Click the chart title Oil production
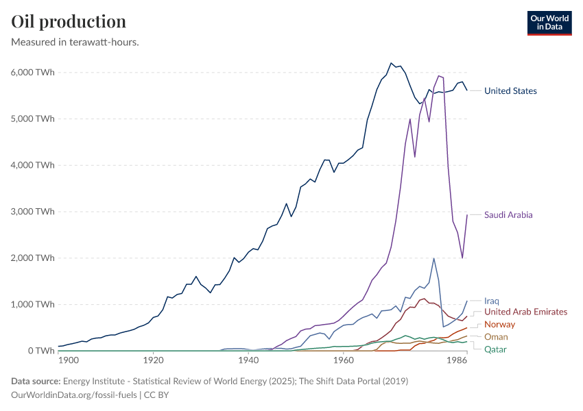click(x=69, y=22)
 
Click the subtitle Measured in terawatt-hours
click(x=75, y=42)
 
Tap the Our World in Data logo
click(x=549, y=23)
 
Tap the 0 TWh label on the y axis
click(x=38, y=351)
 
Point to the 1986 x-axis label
click(x=455, y=360)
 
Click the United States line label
click(x=510, y=90)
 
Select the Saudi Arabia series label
click(x=508, y=214)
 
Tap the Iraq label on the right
click(x=491, y=301)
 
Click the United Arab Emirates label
click(x=525, y=312)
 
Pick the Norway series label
click(x=499, y=324)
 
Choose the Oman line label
click(x=496, y=337)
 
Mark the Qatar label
click(x=496, y=349)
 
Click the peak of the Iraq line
click(x=433, y=258)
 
